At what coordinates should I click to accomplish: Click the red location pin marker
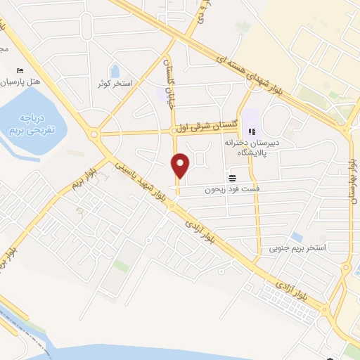point(181,165)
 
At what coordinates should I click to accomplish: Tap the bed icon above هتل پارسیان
point(19,71)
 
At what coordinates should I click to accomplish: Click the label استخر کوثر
point(115,84)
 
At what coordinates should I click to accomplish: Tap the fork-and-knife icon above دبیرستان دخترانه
point(253,130)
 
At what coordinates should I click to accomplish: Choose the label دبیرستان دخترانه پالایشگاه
point(253,147)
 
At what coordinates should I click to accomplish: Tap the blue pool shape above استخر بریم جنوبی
point(297,237)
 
